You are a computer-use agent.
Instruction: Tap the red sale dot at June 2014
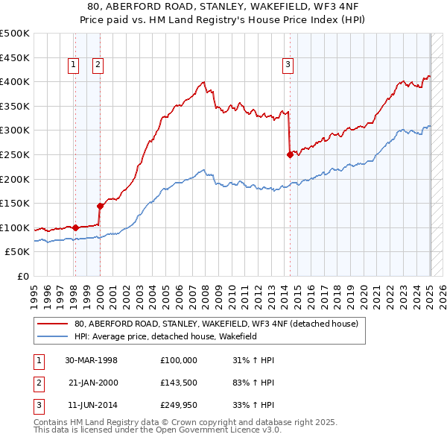[290, 154]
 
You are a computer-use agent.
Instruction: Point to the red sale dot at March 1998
[75, 227]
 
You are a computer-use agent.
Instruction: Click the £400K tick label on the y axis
[15, 81]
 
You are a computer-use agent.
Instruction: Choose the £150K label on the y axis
[15, 203]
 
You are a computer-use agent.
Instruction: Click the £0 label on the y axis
[22, 276]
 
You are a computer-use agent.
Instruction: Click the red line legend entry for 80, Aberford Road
[216, 324]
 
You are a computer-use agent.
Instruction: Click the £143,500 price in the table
[179, 383]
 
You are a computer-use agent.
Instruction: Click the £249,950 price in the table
[179, 406]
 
